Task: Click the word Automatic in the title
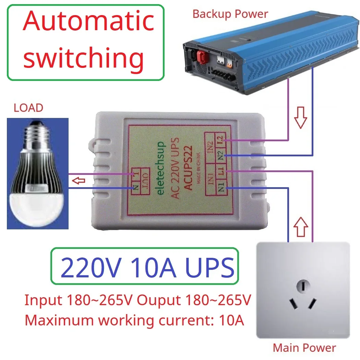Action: pos(88,21)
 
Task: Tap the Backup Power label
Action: pos(230,14)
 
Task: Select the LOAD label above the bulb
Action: pos(28,108)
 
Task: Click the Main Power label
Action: pos(304,348)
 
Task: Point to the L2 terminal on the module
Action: pos(220,140)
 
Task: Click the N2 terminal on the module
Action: pos(220,155)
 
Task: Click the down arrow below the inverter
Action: pos(300,117)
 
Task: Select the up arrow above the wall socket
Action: pos(301,227)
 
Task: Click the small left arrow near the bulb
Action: pos(80,180)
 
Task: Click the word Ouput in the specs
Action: pos(158,300)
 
